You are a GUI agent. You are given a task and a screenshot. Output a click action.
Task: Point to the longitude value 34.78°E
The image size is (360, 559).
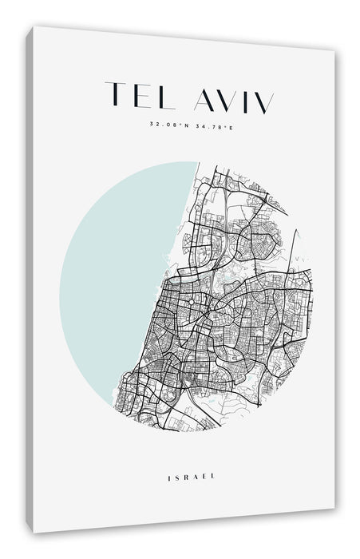(x=209, y=124)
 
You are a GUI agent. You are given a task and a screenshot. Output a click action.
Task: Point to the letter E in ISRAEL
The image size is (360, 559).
(x=205, y=478)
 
